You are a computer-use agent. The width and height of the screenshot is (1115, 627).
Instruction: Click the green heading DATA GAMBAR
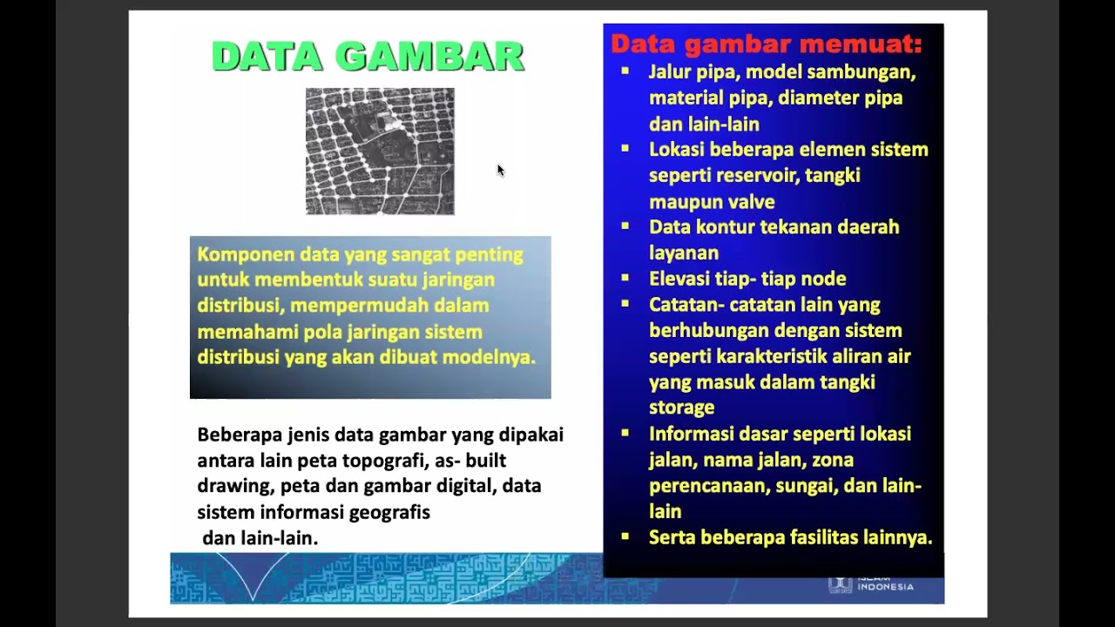368,57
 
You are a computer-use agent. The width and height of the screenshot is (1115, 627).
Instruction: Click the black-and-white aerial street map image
380,151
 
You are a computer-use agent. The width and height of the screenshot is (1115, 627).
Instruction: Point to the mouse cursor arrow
500,170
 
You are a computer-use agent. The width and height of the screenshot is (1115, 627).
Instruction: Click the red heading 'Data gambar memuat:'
766,44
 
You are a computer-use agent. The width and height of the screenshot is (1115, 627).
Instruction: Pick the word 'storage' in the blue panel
681,408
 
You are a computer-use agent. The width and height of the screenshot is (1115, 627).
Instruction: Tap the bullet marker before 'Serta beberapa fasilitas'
625,537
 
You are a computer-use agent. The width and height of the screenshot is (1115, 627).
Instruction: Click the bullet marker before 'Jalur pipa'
625,71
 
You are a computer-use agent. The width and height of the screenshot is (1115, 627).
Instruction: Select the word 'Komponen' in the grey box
246,255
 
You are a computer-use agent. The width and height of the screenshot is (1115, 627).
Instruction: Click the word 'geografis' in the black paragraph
389,512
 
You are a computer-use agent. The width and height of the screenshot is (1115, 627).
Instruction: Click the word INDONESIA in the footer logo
885,586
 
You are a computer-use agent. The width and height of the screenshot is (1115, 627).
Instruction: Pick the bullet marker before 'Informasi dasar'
625,433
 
